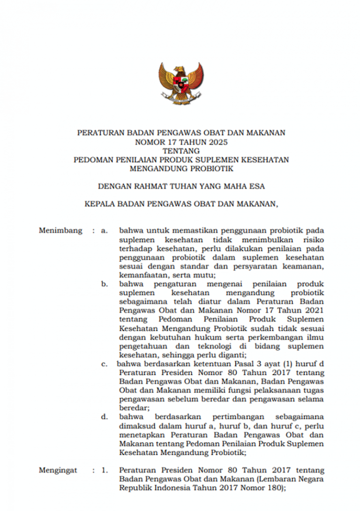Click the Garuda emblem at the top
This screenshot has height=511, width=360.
180,83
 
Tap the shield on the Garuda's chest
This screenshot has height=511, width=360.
180,83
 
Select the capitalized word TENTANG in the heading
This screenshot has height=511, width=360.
181,151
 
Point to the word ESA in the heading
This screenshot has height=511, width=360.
257,186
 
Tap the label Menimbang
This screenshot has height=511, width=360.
60,230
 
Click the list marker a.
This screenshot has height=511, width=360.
105,230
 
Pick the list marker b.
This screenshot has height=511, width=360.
105,284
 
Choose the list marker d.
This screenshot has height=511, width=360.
105,417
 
